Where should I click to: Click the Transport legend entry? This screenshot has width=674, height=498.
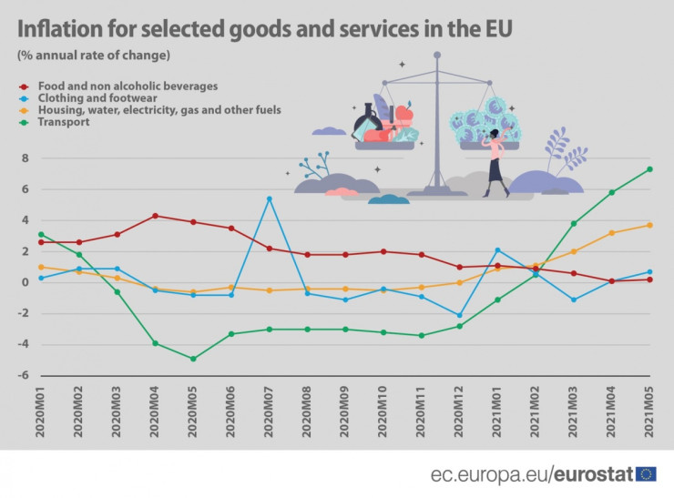pyautogui.click(x=63, y=121)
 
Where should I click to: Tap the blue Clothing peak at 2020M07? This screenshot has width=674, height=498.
pyautogui.click(x=269, y=198)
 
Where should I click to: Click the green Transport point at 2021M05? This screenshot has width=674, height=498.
pyautogui.click(x=649, y=169)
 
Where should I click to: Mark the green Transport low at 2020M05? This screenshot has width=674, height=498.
pyautogui.click(x=193, y=359)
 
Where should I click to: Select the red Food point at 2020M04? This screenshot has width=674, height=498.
pyautogui.click(x=155, y=216)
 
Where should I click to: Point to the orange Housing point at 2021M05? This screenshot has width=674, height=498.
pyautogui.click(x=649, y=225)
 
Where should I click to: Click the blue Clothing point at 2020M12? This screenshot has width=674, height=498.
pyautogui.click(x=459, y=315)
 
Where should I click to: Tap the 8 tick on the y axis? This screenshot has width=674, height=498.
pyautogui.click(x=25, y=158)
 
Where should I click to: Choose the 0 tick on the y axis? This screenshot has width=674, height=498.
pyautogui.click(x=25, y=282)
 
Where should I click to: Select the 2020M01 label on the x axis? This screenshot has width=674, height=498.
pyautogui.click(x=41, y=412)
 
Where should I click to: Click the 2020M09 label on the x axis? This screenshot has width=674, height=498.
pyautogui.click(x=345, y=412)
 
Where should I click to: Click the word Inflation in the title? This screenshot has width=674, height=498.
pyautogui.click(x=63, y=29)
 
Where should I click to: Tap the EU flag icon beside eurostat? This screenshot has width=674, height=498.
pyautogui.click(x=646, y=473)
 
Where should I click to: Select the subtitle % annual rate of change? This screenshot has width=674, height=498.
pyautogui.click(x=94, y=56)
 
